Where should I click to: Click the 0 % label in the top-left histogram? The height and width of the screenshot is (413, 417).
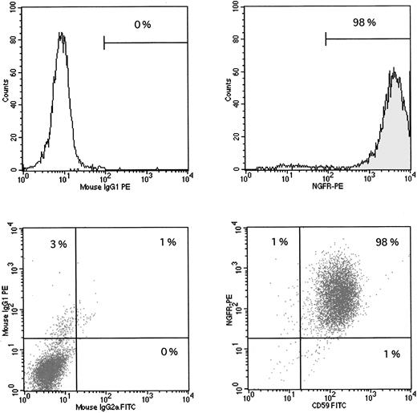pos(143,25)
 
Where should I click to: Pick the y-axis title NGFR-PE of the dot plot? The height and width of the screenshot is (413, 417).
pos(233,305)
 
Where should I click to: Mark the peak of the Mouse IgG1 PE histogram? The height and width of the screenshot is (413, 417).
pos(61,33)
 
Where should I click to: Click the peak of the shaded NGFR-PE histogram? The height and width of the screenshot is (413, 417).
pos(394,69)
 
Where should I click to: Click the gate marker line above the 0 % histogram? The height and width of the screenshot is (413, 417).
pos(145,42)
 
